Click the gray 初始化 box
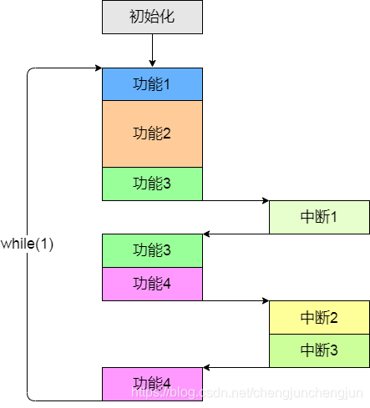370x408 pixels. [x=152, y=17]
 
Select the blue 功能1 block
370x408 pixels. [x=152, y=83]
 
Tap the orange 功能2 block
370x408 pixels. [x=152, y=133]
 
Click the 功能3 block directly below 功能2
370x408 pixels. [x=152, y=184]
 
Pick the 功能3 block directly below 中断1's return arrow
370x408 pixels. [x=152, y=250]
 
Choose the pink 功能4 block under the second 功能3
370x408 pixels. [x=152, y=284]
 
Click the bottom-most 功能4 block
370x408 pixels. [x=152, y=384]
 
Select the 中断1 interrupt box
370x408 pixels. [x=319, y=217]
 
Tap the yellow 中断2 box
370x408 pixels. [x=319, y=317]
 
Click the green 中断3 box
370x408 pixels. [x=319, y=350]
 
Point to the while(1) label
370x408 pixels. [x=27, y=244]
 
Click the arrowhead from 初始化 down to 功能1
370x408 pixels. [x=152, y=63]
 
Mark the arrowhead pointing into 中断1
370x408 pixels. [x=265, y=200]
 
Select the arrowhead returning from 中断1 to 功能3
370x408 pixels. [x=207, y=234]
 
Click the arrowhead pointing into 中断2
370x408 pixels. [x=265, y=300]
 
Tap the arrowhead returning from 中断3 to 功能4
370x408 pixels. [x=207, y=367]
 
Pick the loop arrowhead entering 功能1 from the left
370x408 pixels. [x=98, y=68]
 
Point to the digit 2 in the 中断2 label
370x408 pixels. [x=333, y=317]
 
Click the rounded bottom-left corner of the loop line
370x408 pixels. [x=30, y=397]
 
